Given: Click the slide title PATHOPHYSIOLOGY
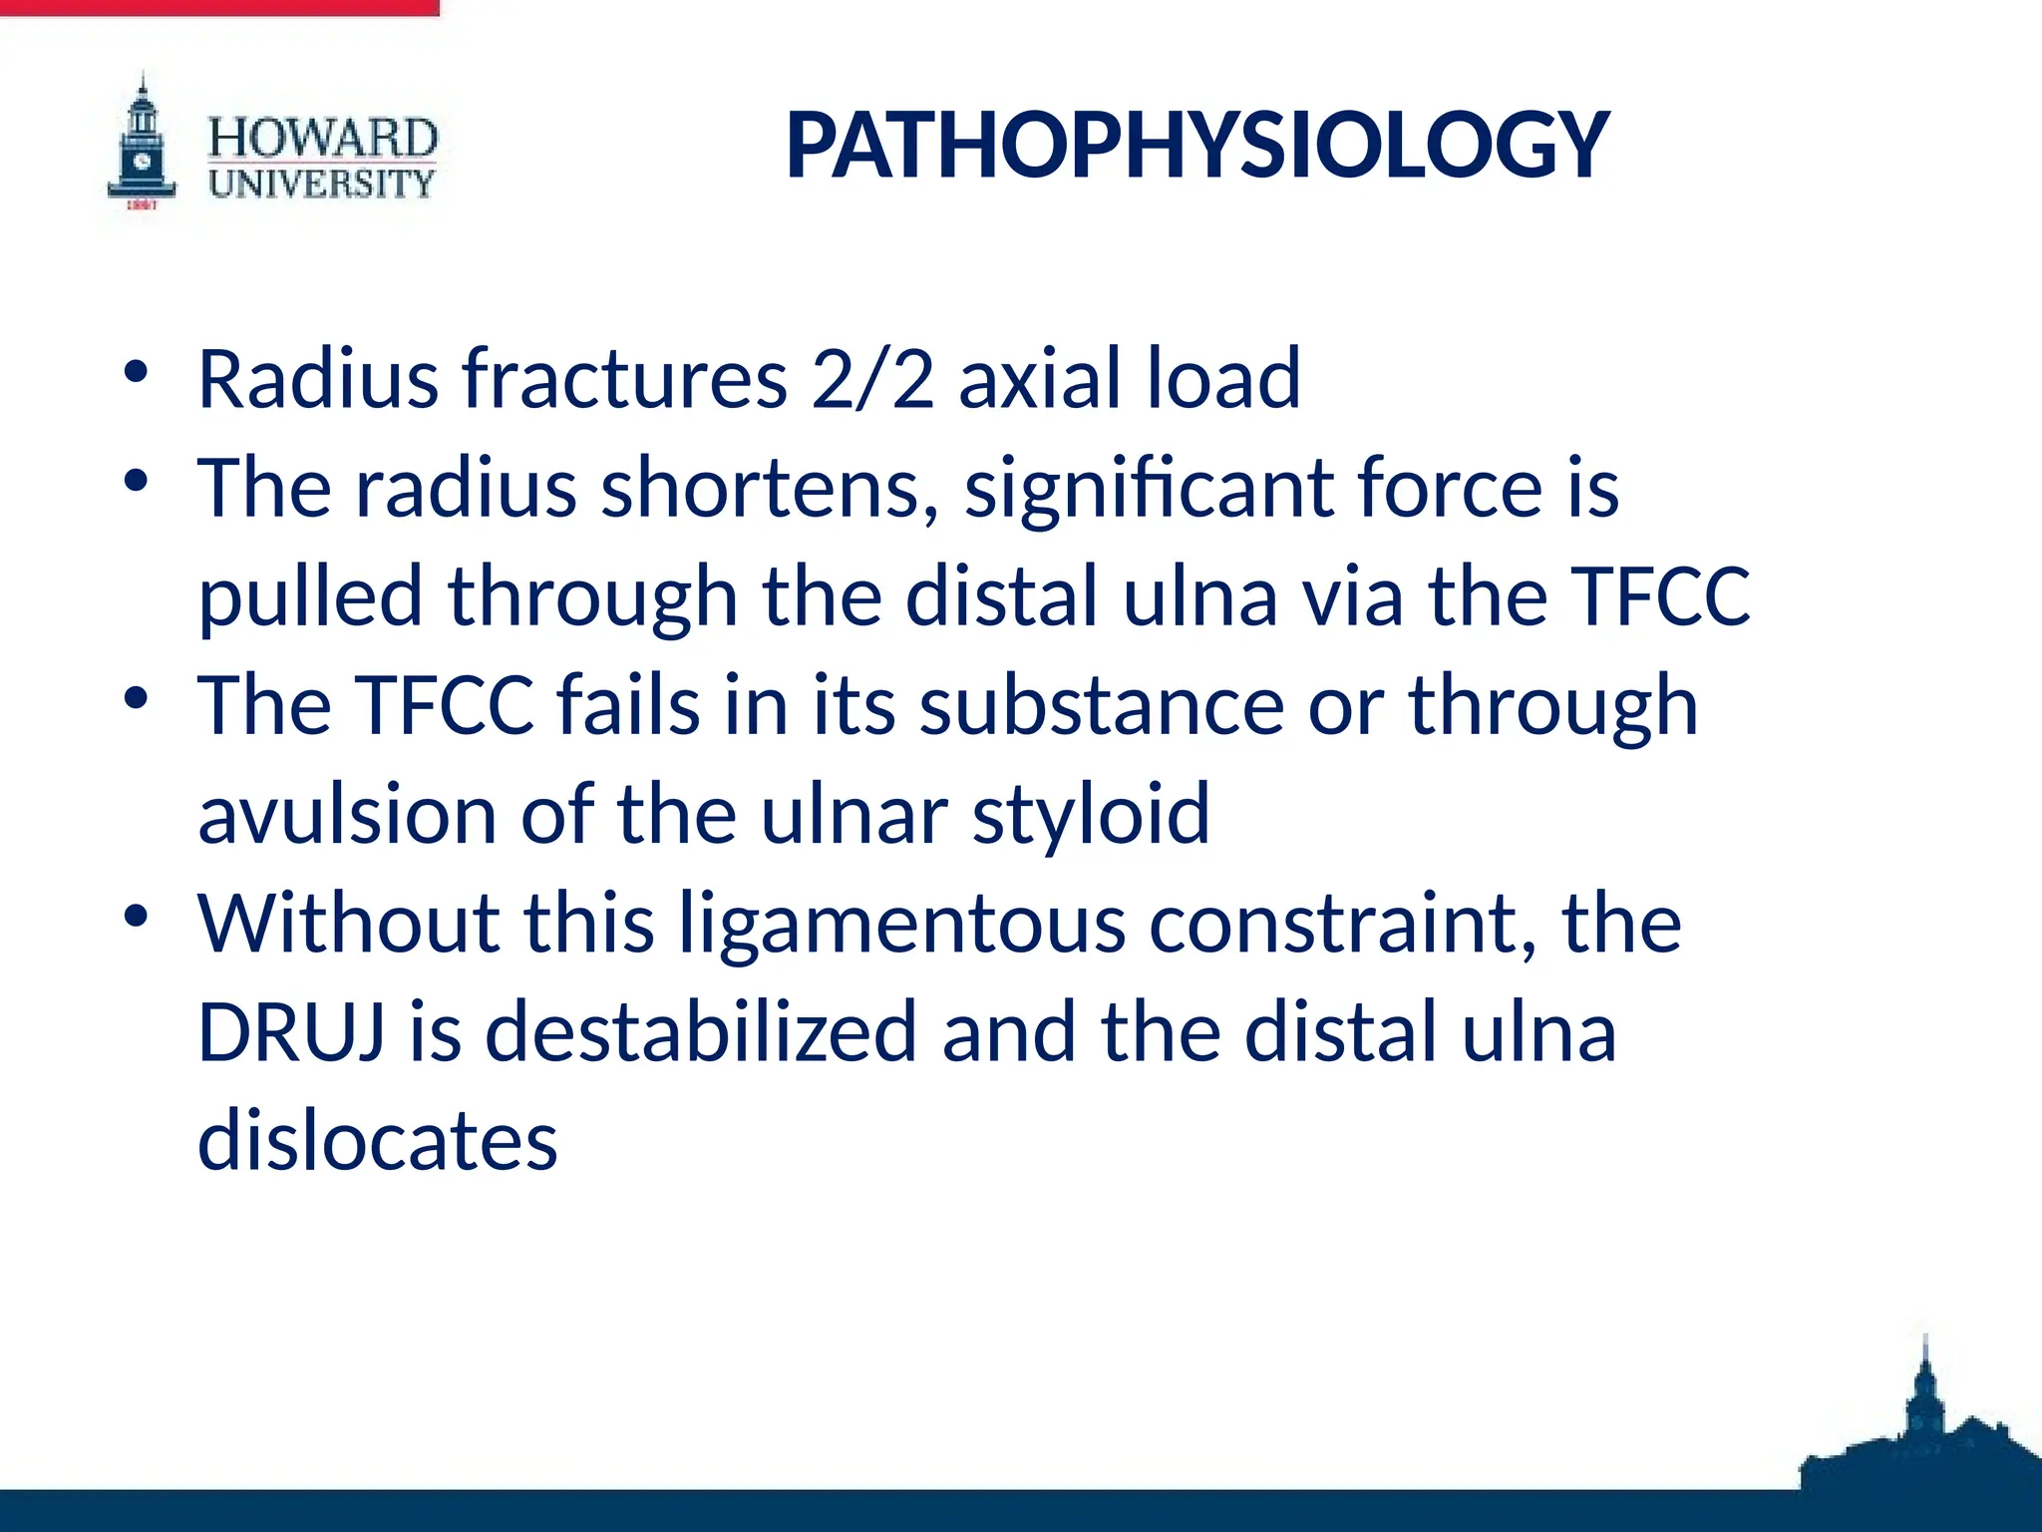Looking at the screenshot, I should [1196, 146].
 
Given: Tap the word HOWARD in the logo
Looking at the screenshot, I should [322, 138].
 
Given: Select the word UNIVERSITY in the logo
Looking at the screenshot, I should [321, 184].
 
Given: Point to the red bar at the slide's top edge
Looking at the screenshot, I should [219, 7].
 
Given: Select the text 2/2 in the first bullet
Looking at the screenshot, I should [872, 379].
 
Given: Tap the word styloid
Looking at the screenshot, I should [1091, 816].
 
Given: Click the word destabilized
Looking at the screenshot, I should [700, 1031].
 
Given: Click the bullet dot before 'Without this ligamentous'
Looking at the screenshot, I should [137, 916].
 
